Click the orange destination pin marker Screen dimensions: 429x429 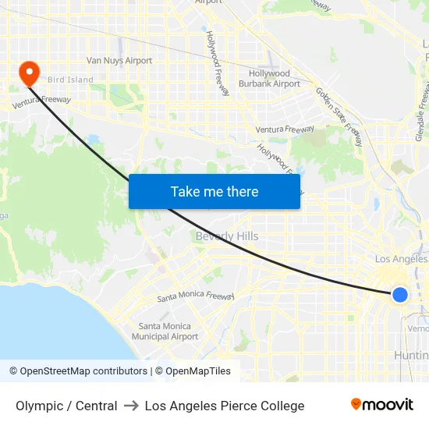click(x=30, y=73)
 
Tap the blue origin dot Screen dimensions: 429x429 click(x=400, y=294)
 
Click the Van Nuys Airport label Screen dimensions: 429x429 click(x=119, y=60)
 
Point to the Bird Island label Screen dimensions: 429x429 click(x=70, y=80)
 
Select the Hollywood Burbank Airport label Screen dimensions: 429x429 click(x=269, y=78)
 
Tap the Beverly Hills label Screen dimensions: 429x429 click(x=227, y=236)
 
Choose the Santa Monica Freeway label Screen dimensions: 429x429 click(x=195, y=296)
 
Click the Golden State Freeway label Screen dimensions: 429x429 click(x=339, y=116)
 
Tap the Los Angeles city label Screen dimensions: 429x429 click(x=401, y=259)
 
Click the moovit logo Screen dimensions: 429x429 click(x=382, y=404)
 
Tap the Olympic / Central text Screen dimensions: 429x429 click(x=66, y=406)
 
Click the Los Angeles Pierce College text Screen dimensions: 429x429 click(x=225, y=406)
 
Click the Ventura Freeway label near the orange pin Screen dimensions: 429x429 click(x=41, y=101)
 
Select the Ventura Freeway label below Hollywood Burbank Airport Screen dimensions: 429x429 click(x=285, y=129)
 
